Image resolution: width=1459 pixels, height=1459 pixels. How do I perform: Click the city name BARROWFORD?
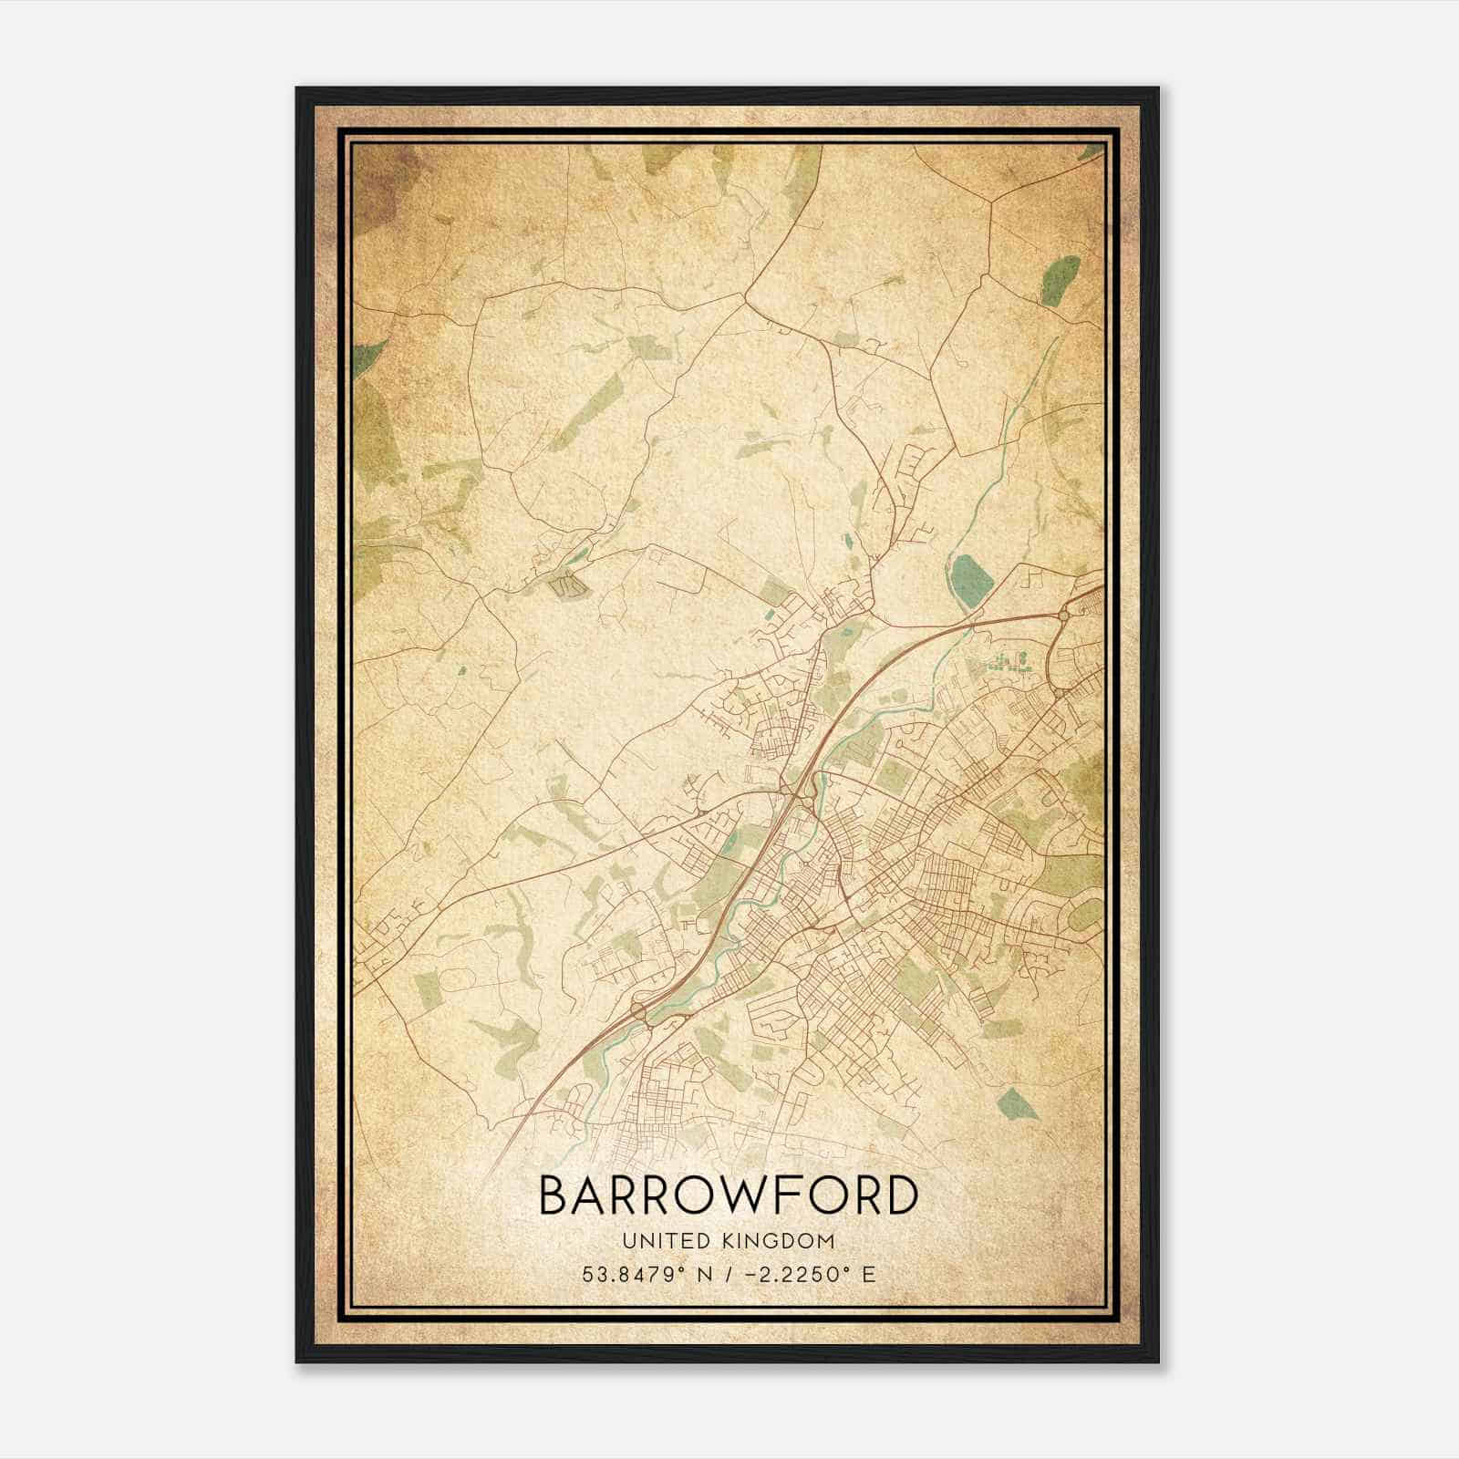point(728,1195)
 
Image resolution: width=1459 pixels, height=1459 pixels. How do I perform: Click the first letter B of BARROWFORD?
point(554,1195)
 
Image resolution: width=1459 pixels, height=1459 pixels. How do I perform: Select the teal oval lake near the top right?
point(1060,278)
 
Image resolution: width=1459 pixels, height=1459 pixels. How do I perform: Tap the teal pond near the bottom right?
point(1019,1103)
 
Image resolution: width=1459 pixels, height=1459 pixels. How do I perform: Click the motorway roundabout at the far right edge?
point(1063,617)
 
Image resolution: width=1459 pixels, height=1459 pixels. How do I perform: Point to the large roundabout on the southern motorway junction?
point(637,1011)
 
